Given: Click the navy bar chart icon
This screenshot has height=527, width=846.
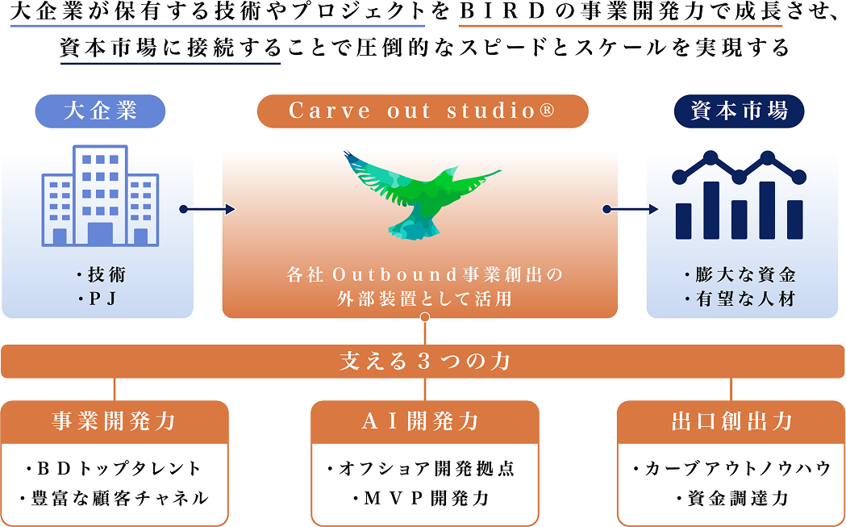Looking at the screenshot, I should (x=739, y=196).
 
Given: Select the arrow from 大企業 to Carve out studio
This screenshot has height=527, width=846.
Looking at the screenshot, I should (x=208, y=210).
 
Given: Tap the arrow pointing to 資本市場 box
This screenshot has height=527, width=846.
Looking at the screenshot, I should (x=631, y=210).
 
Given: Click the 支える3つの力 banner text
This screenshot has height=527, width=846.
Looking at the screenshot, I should (x=423, y=361).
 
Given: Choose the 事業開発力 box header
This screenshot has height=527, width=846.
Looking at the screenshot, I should (x=114, y=421).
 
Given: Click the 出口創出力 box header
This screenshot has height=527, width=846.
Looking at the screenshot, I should (x=731, y=421).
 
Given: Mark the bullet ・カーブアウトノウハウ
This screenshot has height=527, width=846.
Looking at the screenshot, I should (x=731, y=468).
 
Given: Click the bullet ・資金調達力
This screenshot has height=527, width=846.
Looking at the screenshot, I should (x=731, y=498).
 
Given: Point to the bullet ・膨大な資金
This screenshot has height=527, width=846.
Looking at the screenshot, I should (x=740, y=275).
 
